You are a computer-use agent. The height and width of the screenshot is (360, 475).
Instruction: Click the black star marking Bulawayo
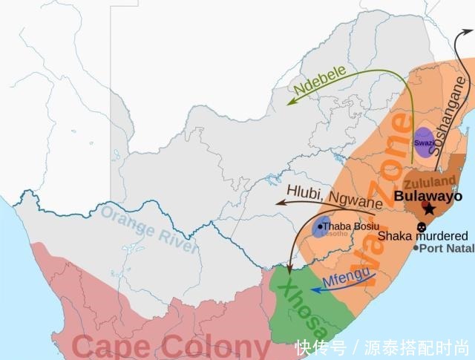tap(430, 210)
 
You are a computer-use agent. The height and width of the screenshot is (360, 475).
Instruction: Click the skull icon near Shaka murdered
tap(422, 226)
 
